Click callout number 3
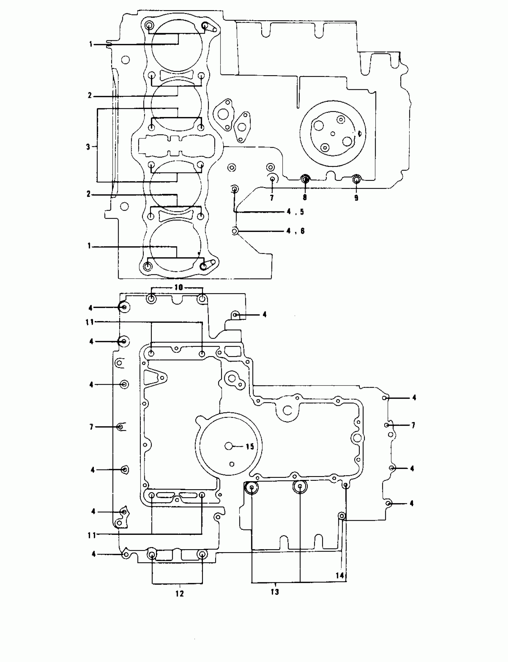coord(88,147)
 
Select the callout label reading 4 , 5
coord(295,212)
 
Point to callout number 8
coord(305,198)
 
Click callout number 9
coord(356,198)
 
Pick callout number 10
coord(179,287)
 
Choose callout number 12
coord(180,593)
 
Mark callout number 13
coord(275,592)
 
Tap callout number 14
coord(340,575)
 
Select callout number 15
coord(250,447)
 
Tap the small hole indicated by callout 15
coord(229,446)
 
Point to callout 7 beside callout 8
coord(272,198)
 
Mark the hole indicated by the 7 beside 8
coord(272,179)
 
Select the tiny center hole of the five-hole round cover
coord(333,133)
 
